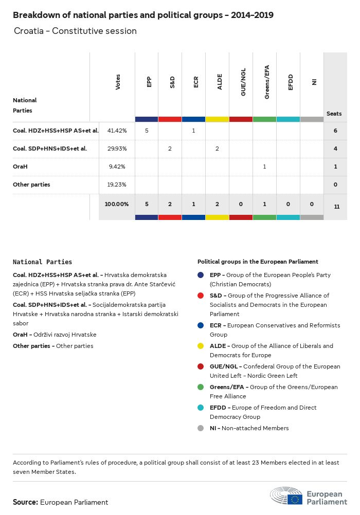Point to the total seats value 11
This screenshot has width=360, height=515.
tap(335, 207)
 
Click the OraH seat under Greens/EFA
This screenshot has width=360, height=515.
tap(264, 167)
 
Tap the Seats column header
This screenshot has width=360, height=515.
tap(334, 114)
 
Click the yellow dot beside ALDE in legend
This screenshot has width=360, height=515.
tap(201, 346)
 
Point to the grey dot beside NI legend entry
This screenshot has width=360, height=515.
tap(201, 428)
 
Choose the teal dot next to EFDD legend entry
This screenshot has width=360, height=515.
tap(201, 408)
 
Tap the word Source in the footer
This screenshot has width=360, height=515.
tap(25, 502)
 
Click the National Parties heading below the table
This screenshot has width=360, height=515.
tap(43, 262)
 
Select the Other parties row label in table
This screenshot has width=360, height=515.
tap(31, 185)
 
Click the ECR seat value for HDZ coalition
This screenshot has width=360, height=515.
tap(193, 131)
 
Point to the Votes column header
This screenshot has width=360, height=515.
tap(118, 82)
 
